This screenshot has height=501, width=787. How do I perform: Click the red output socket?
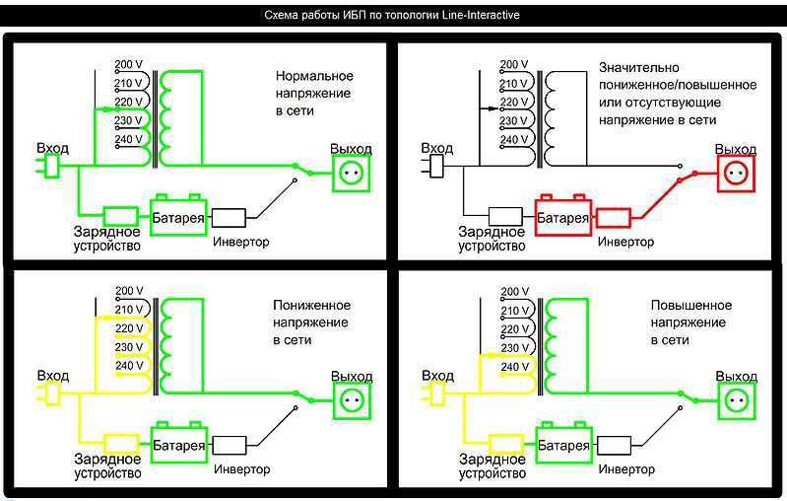tap(736, 174)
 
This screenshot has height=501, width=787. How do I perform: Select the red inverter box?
tap(614, 218)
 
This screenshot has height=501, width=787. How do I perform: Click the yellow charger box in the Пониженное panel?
tap(121, 444)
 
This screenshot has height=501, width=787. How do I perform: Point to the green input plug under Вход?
tap(49, 167)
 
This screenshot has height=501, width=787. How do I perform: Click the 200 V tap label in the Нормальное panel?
tap(128, 64)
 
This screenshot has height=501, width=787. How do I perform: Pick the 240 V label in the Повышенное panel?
tap(514, 367)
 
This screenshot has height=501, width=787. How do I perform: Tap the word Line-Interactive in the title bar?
tap(481, 15)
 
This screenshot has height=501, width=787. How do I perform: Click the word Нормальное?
tap(314, 76)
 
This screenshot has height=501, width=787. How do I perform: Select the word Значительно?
tap(639, 67)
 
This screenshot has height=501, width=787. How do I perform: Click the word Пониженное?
tap(311, 305)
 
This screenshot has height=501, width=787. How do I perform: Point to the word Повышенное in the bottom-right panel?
tap(691, 305)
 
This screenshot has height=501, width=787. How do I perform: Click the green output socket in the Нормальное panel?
tap(352, 174)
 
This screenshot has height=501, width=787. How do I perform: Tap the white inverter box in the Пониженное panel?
tap(230, 445)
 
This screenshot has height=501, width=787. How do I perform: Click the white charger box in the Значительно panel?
tap(505, 217)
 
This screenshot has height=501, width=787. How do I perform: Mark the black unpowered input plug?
tap(434, 167)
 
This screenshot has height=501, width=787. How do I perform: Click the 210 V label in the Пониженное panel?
tap(129, 309)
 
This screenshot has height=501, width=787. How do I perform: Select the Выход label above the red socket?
tap(736, 149)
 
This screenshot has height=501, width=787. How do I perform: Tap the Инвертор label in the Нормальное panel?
tap(241, 242)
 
